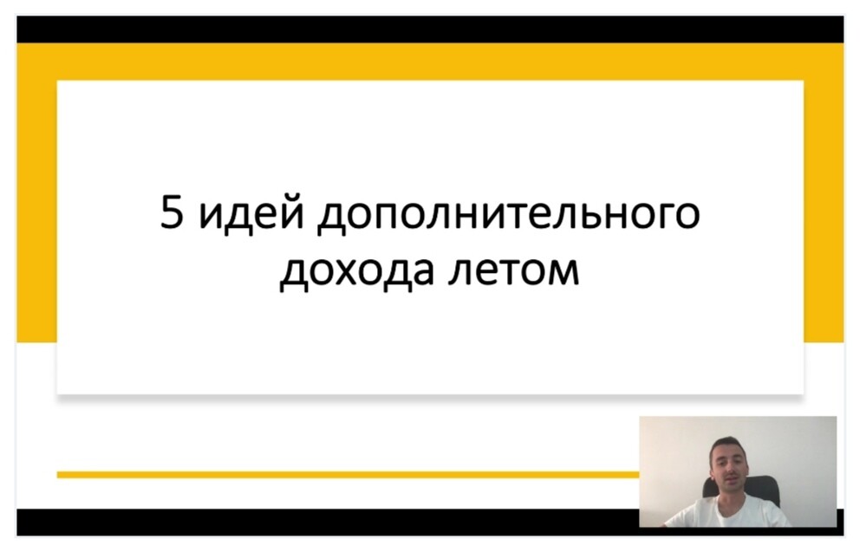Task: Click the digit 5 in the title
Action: coord(172,211)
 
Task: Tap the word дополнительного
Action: coord(509,214)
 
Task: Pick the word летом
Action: coord(514,271)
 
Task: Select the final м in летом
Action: coord(563,271)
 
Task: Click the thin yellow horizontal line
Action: coord(348,475)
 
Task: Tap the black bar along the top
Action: coord(430,29)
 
